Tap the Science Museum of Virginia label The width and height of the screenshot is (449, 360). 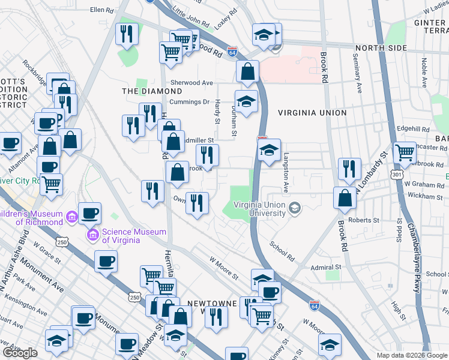[121, 236]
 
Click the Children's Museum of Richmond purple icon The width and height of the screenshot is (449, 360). [71, 215]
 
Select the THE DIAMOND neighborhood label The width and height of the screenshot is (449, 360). [143, 91]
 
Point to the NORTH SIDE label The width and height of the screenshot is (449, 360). [381, 48]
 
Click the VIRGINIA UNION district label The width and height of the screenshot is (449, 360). [312, 113]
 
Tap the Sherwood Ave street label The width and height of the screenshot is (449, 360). [191, 83]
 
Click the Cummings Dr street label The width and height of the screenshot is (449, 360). [189, 102]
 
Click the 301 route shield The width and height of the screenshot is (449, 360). [396, 174]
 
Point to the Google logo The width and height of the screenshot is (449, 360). [20, 353]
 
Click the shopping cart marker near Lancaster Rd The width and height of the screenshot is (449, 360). [404, 153]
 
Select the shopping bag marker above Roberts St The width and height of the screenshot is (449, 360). [345, 198]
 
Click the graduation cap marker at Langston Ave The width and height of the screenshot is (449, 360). [270, 149]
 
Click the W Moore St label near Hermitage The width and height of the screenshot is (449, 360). [224, 268]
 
